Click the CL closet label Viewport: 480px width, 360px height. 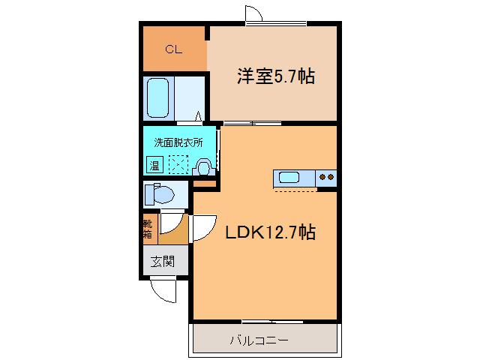pyautogui.click(x=173, y=49)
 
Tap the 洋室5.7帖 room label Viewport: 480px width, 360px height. pyautogui.click(x=276, y=76)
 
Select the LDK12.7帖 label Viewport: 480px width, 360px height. pyautogui.click(x=270, y=232)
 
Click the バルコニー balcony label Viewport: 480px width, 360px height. pyautogui.click(x=259, y=340)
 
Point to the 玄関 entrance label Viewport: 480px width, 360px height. pyautogui.click(x=163, y=262)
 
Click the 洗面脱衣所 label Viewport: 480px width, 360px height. pyautogui.click(x=178, y=142)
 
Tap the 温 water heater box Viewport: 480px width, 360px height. pyautogui.click(x=154, y=165)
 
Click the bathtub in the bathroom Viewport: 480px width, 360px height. pyautogui.click(x=157, y=98)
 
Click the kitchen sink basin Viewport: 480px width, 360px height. pyautogui.click(x=289, y=178)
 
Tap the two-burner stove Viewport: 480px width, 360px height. pyautogui.click(x=326, y=178)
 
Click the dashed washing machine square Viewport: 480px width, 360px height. pyautogui.click(x=178, y=165)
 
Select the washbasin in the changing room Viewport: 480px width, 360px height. pyautogui.click(x=203, y=167)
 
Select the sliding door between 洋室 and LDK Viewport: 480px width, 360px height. pyautogui.click(x=252, y=123)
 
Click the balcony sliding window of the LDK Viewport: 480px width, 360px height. pyautogui.click(x=272, y=322)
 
